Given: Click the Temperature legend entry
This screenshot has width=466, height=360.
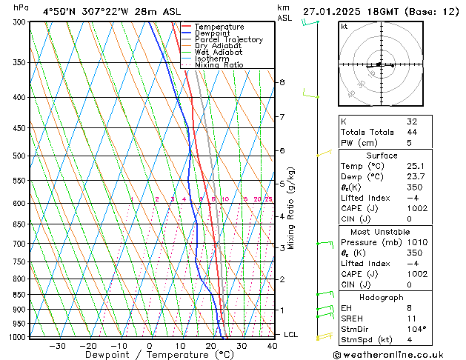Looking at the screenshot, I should [219, 27].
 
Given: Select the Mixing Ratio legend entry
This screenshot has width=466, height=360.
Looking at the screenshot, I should [219, 65].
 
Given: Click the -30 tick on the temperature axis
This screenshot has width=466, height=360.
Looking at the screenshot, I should [57, 345].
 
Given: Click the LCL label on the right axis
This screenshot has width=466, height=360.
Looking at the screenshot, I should [290, 335].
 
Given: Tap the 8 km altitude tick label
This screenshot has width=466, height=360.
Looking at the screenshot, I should [282, 82].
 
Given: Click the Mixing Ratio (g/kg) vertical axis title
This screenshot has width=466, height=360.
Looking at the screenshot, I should [292, 207].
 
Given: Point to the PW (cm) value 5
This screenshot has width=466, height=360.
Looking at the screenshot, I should [405, 143].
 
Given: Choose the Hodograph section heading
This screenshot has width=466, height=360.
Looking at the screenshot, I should [381, 296].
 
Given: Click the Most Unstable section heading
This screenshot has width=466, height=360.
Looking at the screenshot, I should [381, 231].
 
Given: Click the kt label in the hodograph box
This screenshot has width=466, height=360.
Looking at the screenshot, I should [344, 27].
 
